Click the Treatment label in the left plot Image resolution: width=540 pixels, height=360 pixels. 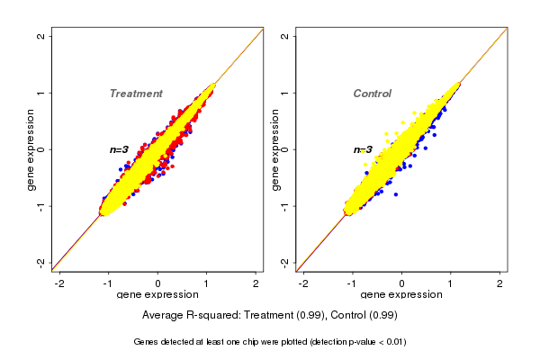[x=136, y=94]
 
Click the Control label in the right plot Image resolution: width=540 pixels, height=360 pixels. [x=372, y=94]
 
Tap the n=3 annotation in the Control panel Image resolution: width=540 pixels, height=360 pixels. [x=363, y=149]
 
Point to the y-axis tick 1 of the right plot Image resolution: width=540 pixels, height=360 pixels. [x=284, y=93]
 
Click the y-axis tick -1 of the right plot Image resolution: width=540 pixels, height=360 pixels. [x=284, y=205]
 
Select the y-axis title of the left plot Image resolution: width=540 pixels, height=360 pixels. [x=31, y=149]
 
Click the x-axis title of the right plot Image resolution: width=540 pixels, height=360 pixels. [x=401, y=295]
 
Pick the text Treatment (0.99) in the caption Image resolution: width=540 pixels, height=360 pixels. [x=286, y=316]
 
